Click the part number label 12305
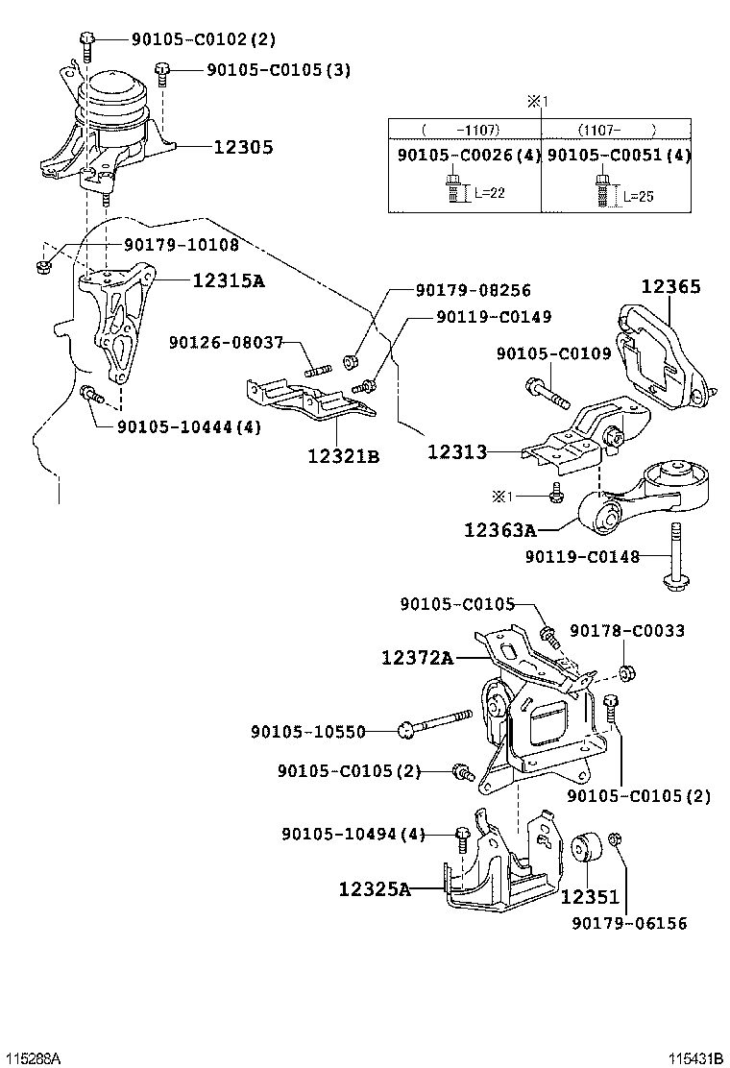point(243,146)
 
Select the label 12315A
point(229,279)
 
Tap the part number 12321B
point(343,455)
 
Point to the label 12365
point(670,286)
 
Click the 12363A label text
point(500,529)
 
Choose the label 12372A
point(417,657)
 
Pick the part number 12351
point(590,896)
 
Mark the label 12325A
point(376,888)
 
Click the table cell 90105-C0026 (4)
point(469,156)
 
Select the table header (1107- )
point(618,130)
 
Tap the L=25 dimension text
point(639,197)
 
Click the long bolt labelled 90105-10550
point(434,722)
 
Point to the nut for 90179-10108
point(43,266)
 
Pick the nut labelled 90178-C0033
point(628,673)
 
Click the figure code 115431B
point(695,1057)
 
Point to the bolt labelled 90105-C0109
point(547,395)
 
